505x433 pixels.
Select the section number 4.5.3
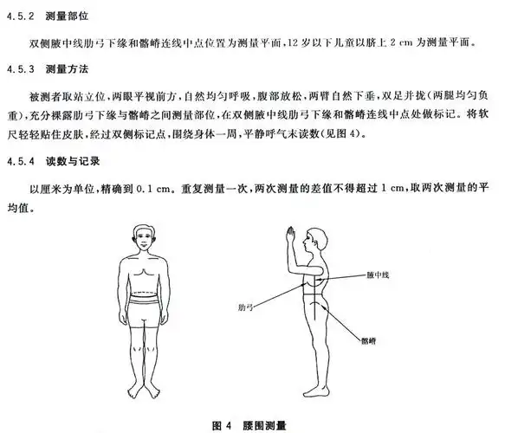tap(21, 68)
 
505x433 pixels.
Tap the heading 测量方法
tap(68, 68)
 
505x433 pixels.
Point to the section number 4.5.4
tap(21, 160)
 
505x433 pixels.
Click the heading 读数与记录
tap(74, 160)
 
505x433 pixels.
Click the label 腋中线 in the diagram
tap(379, 275)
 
